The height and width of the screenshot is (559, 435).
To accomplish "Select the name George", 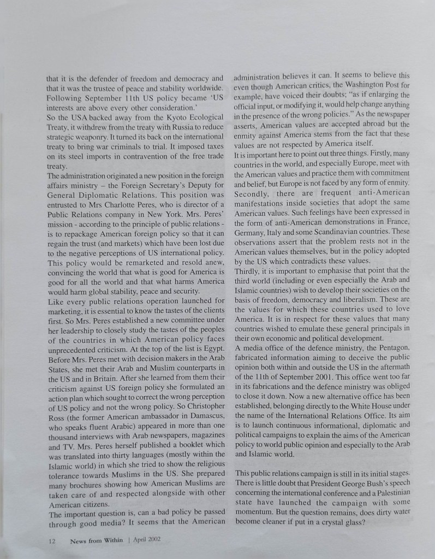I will pos(336,482).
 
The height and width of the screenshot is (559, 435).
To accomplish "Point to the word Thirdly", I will pos(248,270).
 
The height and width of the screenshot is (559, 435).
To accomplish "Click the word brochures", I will pos(85,484).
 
